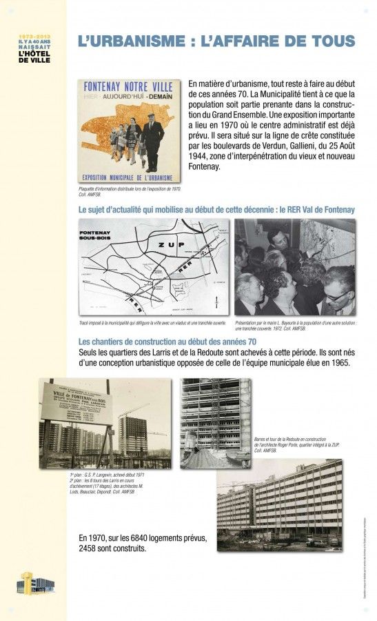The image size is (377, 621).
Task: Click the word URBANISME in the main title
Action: tap(130, 41)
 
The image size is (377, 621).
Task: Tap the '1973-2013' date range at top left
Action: tap(34, 34)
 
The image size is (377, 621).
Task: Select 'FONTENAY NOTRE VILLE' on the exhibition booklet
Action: tap(129, 88)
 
